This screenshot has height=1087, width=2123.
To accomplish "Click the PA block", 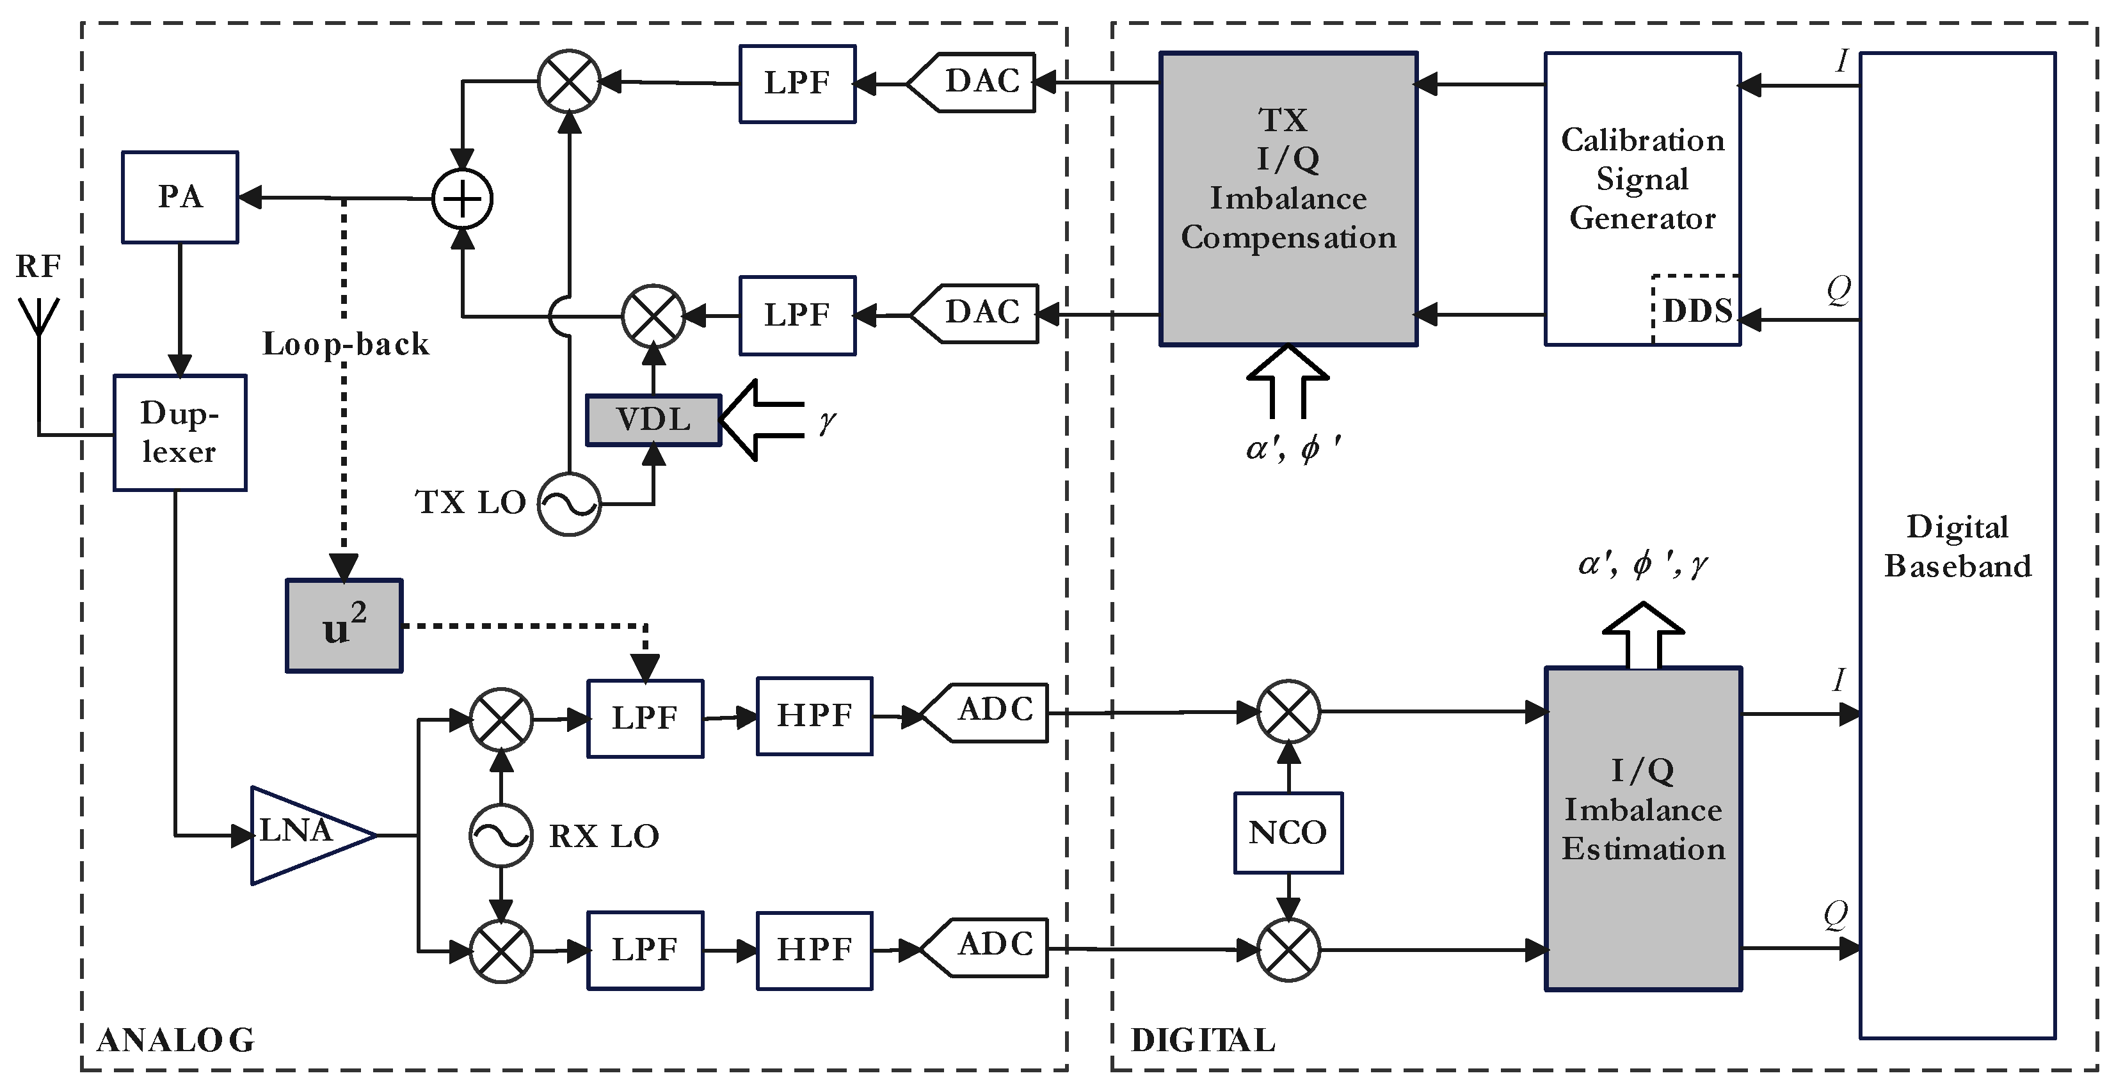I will click(180, 197).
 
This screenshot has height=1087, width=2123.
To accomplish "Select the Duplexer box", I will click(180, 432).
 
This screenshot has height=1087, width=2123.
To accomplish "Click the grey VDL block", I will click(653, 420).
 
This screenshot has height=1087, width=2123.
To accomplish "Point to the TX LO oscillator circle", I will click(568, 504).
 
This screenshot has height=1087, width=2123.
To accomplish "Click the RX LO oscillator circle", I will click(501, 836).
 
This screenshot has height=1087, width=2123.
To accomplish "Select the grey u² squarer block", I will click(344, 626).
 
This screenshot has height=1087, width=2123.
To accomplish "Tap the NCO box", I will click(1287, 833).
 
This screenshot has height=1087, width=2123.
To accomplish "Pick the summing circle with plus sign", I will click(462, 198).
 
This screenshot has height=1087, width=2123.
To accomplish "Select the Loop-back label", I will click(346, 344).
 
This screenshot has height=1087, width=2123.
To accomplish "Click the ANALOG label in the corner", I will click(175, 1040).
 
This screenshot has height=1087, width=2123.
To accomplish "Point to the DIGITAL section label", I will click(1203, 1040).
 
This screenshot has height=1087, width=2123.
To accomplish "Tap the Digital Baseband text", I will click(1957, 546).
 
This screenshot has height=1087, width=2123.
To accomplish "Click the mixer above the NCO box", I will click(1288, 710).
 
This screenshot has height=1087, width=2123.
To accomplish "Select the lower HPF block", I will click(814, 950).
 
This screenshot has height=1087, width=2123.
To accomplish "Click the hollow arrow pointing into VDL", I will click(758, 420).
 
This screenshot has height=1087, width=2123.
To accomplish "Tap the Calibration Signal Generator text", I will click(1642, 179).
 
